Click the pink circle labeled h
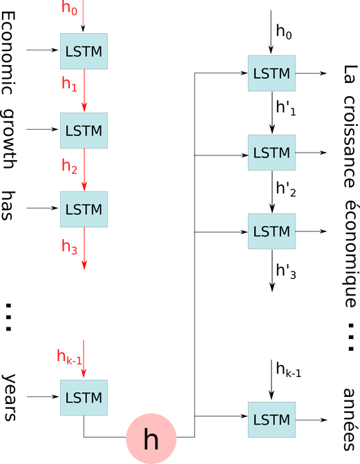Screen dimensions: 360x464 [151, 438]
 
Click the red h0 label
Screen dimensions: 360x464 [69, 8]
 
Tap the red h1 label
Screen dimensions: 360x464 [69, 84]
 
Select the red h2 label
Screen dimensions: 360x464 [69, 166]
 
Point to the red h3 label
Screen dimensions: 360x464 [69, 246]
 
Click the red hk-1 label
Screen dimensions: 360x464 [69, 356]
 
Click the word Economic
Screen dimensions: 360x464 [8, 53]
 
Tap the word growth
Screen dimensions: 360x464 [8, 139]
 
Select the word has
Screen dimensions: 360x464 [8, 205]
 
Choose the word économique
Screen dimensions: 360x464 [352, 255]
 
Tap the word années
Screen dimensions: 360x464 [350, 419]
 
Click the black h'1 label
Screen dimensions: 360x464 [285, 108]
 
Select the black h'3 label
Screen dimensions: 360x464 [285, 271]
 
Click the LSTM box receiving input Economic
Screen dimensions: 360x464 [84, 51]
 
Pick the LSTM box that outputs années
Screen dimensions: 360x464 [272, 420]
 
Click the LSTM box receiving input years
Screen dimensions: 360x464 [84, 398]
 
